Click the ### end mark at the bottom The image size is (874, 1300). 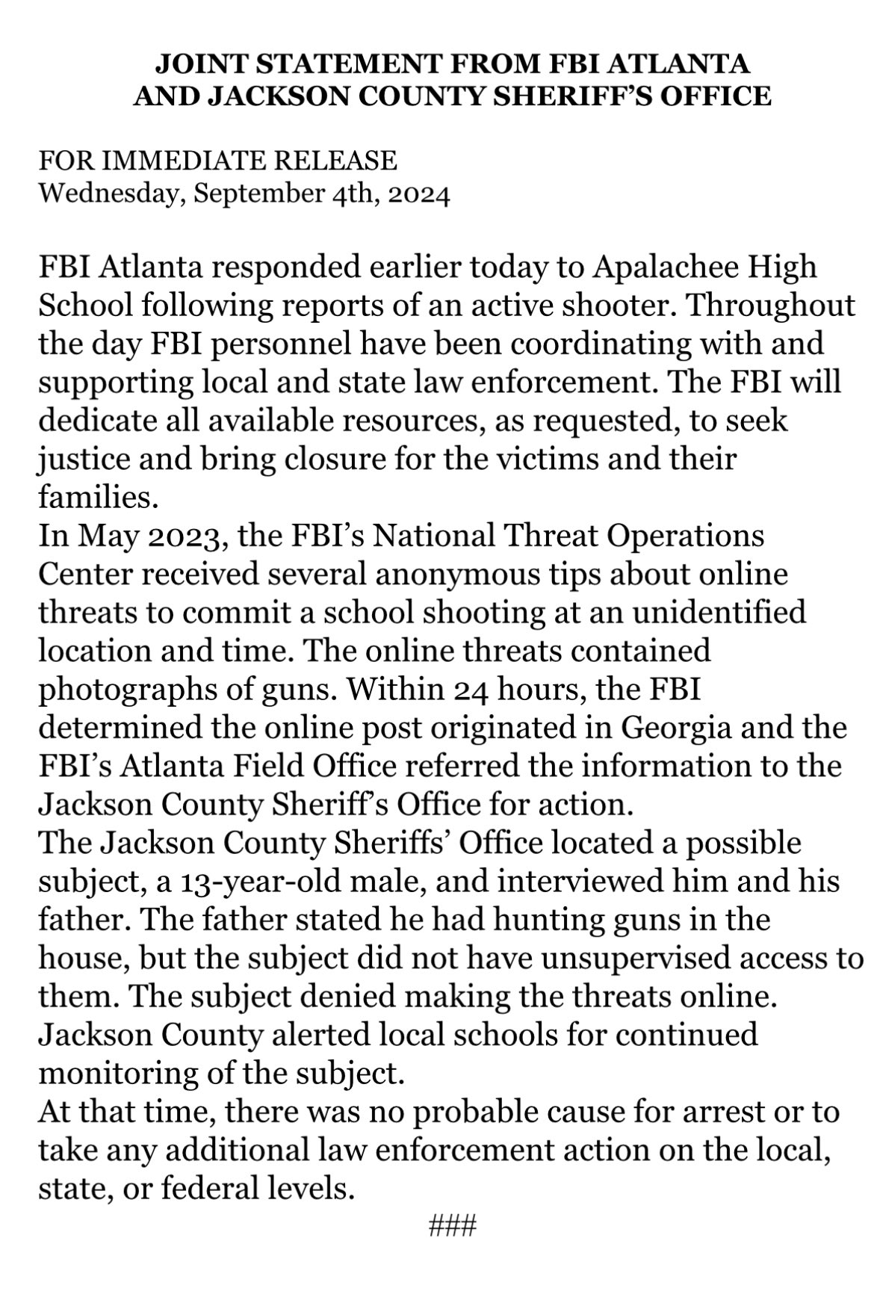pos(452,1225)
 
